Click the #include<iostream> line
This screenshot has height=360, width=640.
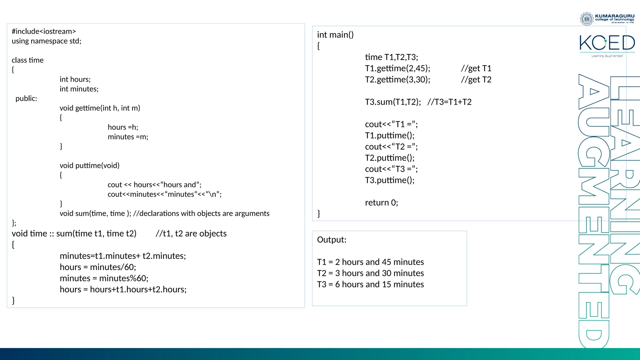pyautogui.click(x=44, y=32)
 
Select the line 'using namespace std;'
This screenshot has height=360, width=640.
pyautogui.click(x=47, y=41)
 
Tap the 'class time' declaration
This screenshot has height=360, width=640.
pyautogui.click(x=27, y=60)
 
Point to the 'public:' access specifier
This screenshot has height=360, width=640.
pyautogui.click(x=26, y=98)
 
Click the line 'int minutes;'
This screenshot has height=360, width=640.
pyautogui.click(x=79, y=89)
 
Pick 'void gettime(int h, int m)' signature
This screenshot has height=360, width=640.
pyautogui.click(x=100, y=108)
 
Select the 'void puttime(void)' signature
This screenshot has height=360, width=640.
pyautogui.click(x=90, y=166)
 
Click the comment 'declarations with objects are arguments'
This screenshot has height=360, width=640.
pyautogui.click(x=201, y=213)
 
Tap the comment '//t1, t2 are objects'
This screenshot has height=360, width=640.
pyautogui.click(x=191, y=234)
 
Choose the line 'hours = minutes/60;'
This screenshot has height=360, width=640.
pyautogui.click(x=98, y=267)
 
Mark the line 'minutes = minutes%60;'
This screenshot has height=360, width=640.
pyautogui.click(x=104, y=278)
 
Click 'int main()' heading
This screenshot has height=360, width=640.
pyautogui.click(x=335, y=35)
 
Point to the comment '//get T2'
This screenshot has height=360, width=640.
pyautogui.click(x=476, y=80)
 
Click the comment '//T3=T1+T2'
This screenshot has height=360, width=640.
pyautogui.click(x=449, y=102)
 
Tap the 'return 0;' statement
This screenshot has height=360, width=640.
pyautogui.click(x=382, y=203)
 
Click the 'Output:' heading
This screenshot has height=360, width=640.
pyautogui.click(x=332, y=240)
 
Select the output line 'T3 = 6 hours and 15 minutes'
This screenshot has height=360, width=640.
pyautogui.click(x=370, y=284)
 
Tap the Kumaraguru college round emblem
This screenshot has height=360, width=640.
pyautogui.click(x=587, y=19)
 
